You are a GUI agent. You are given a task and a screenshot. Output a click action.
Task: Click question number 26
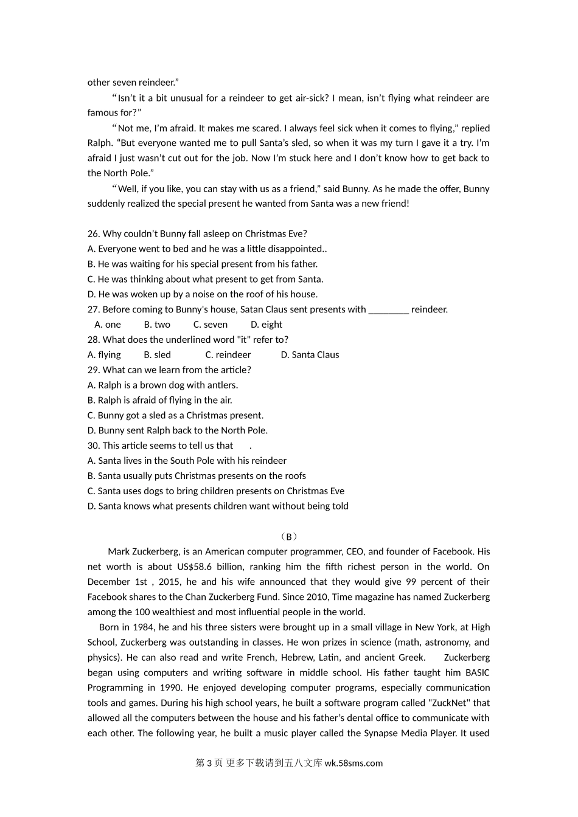94,234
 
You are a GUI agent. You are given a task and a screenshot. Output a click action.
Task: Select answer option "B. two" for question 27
157,325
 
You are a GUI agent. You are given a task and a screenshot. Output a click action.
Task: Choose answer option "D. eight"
266,325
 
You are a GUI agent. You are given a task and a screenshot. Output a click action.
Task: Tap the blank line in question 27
388,310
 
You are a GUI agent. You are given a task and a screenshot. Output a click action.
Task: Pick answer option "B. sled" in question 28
157,355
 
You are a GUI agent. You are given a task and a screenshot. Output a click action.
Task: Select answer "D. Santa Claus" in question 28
310,355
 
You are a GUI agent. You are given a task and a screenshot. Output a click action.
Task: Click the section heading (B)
289,537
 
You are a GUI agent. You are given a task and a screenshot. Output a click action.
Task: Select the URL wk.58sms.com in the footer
353,764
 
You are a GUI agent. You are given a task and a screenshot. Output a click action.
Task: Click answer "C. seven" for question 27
211,325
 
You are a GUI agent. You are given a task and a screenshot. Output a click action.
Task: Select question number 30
94,446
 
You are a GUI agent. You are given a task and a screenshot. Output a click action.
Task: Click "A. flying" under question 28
104,355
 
